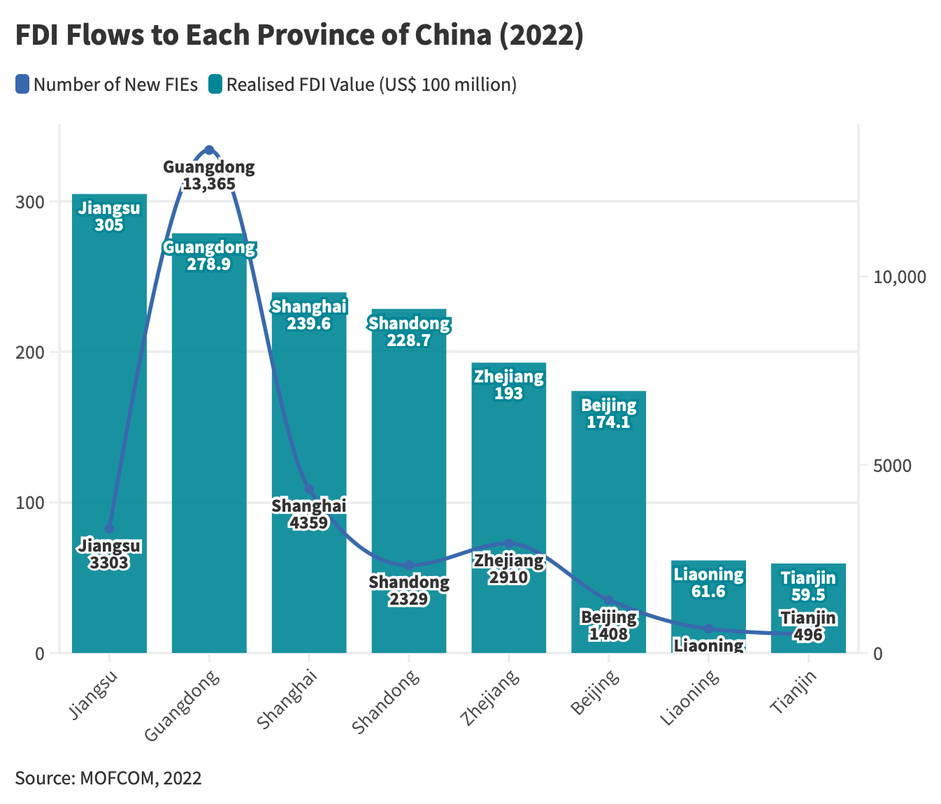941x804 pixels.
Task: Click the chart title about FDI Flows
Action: click(299, 36)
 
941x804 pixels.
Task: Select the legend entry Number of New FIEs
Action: click(107, 85)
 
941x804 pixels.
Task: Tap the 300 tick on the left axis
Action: click(31, 202)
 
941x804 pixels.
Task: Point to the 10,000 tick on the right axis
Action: click(898, 278)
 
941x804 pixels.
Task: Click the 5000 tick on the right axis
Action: click(891, 466)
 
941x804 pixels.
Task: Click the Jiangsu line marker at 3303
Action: click(109, 529)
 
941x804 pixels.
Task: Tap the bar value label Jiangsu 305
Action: click(109, 217)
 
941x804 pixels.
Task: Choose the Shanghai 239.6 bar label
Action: click(309, 315)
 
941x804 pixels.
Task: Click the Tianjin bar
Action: click(808, 608)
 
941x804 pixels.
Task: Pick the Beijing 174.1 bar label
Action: click(608, 414)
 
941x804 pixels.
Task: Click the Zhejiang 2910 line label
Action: click(508, 569)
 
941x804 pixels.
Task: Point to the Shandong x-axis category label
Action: click(386, 701)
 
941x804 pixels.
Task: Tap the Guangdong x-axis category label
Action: click(183, 705)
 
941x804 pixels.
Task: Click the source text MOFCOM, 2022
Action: click(108, 778)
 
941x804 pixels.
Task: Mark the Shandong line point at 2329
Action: click(409, 566)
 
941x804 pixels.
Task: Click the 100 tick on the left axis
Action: click(31, 503)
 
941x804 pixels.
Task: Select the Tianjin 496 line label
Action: click(808, 626)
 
